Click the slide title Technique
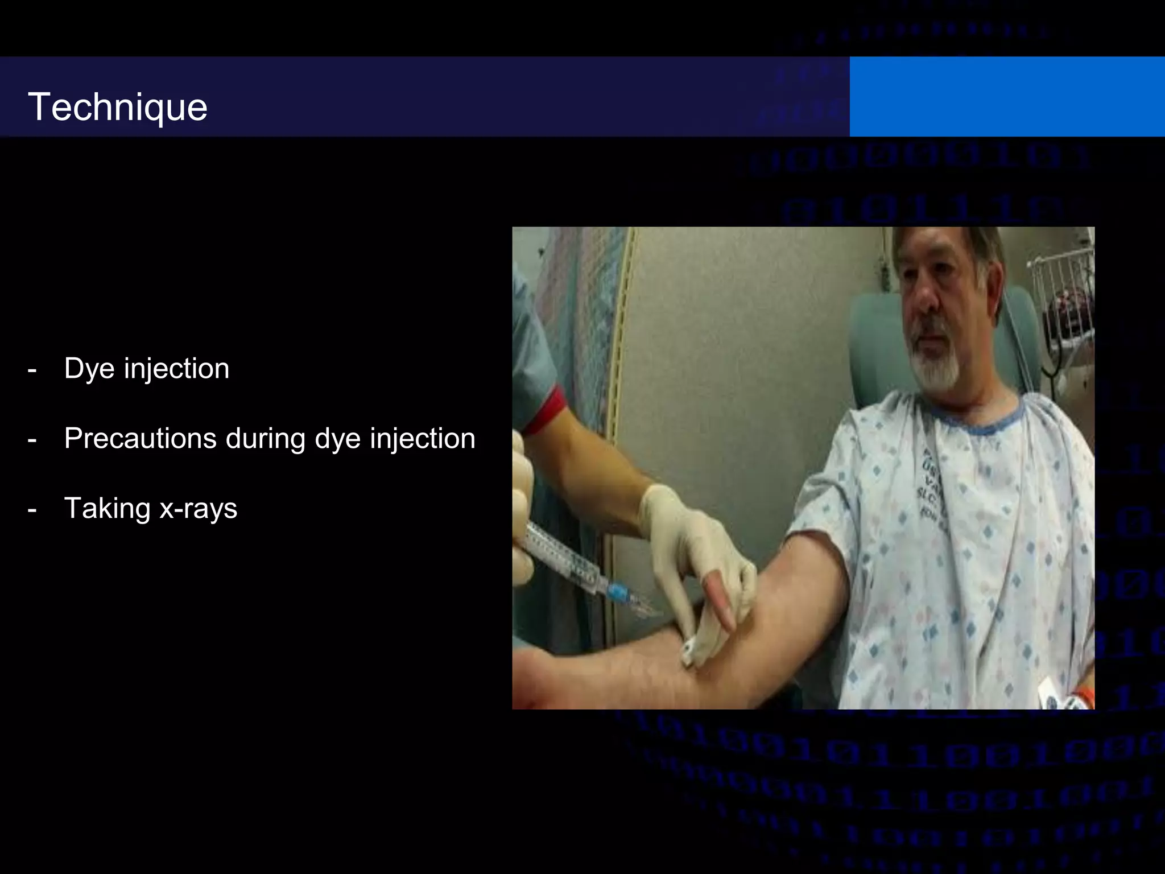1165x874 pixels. point(117,107)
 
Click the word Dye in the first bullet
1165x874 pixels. point(89,369)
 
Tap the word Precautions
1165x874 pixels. point(140,439)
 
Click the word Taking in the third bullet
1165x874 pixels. point(107,509)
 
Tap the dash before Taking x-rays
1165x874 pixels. point(32,510)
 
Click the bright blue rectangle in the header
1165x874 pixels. point(1007,97)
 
